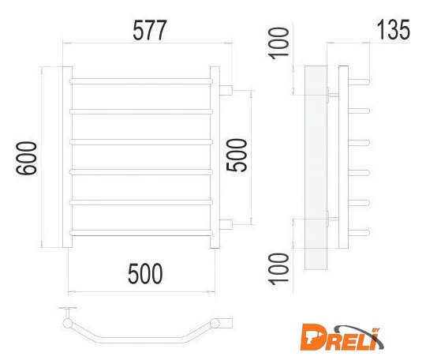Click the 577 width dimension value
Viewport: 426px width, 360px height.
pyautogui.click(x=149, y=30)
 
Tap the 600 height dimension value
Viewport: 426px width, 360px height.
pyautogui.click(x=26, y=158)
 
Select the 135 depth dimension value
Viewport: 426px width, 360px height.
pyautogui.click(x=393, y=29)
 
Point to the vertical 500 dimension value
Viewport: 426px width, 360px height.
pyautogui.click(x=237, y=156)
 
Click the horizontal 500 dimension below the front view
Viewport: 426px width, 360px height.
pyautogui.click(x=145, y=273)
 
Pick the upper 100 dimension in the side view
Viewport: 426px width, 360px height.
pyautogui.click(x=278, y=43)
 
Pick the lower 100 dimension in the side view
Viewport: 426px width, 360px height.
pyautogui.click(x=278, y=269)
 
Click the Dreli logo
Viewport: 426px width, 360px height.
pyautogui.click(x=342, y=337)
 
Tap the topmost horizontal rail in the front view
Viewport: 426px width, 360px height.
pyautogui.click(x=141, y=81)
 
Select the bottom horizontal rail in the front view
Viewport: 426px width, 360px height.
pyautogui.click(x=141, y=233)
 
